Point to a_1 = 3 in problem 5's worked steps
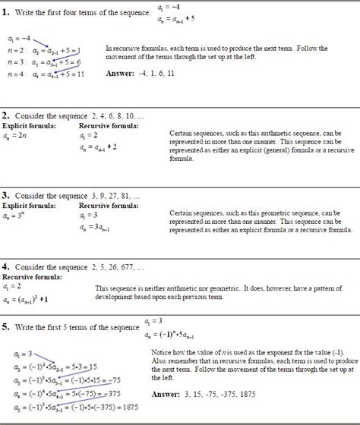pyautogui.click(x=24, y=354)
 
